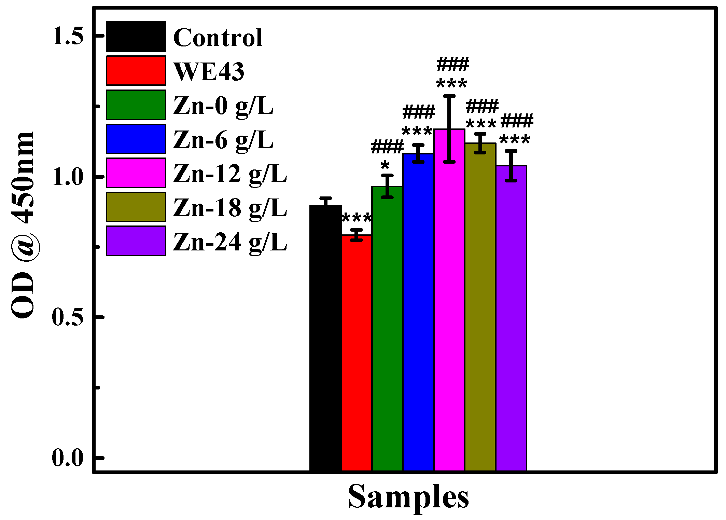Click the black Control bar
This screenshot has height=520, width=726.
pos(325,338)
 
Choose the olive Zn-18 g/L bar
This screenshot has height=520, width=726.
pos(480,307)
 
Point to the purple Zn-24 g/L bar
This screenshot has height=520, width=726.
pos(511,318)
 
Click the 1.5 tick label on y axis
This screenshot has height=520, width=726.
pos(68,36)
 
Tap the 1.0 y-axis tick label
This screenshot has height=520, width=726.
pos(68,177)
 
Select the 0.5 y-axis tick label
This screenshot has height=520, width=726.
pos(68,317)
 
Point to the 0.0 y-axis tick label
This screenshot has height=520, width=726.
pos(68,458)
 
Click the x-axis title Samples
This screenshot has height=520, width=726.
pos(408,497)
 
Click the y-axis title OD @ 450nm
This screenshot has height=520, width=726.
pos(23,225)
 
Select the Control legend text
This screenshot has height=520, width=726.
pos(218,38)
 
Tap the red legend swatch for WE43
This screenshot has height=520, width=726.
pos(136,71)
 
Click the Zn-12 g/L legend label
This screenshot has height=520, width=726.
pos(230,174)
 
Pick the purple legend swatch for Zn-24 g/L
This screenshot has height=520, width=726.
pos(136,241)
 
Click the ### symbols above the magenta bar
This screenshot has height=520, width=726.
pos(453,64)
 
